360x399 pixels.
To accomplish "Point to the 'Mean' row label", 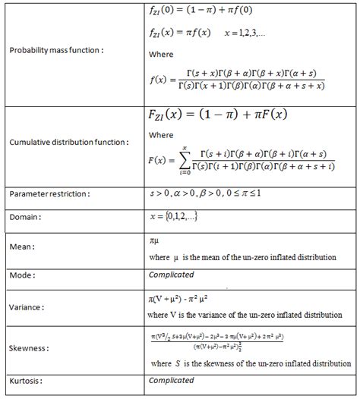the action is click(22, 247).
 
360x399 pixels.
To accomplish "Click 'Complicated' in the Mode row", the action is click(171, 275).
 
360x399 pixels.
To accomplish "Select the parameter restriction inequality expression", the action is click(214, 194).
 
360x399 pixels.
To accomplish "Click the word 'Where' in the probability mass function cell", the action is click(162, 55).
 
